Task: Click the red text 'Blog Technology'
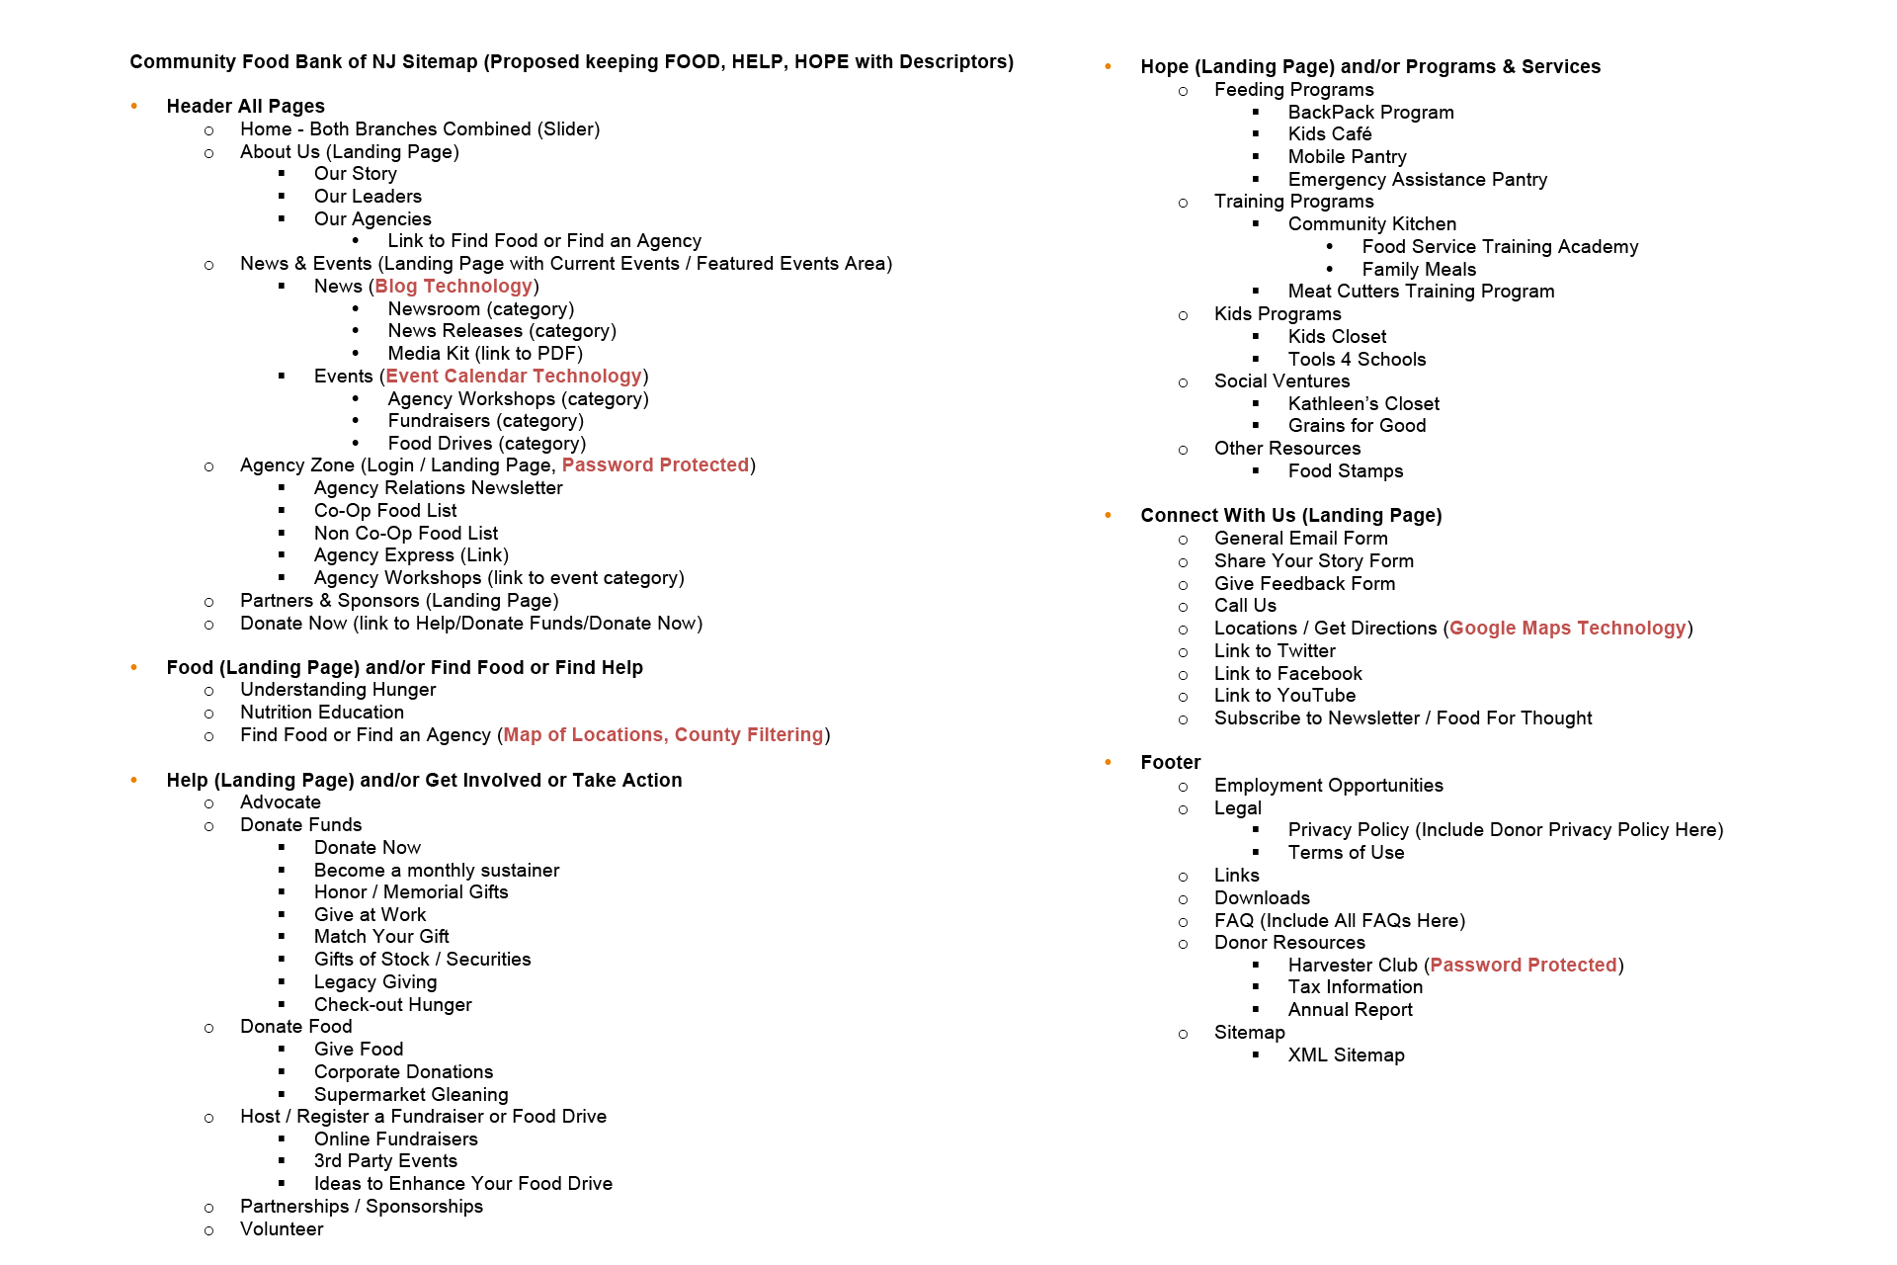click(454, 287)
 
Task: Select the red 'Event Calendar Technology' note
click(514, 377)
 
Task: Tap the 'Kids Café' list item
click(1329, 134)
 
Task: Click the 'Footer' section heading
click(1170, 763)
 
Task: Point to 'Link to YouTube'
click(1284, 696)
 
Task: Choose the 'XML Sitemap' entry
click(1346, 1055)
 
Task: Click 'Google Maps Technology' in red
click(1567, 629)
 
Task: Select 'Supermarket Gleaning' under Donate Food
click(411, 1095)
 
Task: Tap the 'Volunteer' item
click(282, 1229)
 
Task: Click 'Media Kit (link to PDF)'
click(485, 354)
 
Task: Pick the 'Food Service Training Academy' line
click(1500, 247)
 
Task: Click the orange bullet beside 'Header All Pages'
click(134, 107)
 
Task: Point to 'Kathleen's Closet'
click(1363, 404)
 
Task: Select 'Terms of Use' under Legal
click(1346, 853)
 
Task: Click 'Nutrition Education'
click(322, 713)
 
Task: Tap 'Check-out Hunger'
click(392, 1005)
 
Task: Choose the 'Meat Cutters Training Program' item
click(1421, 292)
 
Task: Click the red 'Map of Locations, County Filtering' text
click(663, 735)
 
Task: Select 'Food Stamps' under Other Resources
click(1345, 471)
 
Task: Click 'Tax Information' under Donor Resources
click(1355, 987)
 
